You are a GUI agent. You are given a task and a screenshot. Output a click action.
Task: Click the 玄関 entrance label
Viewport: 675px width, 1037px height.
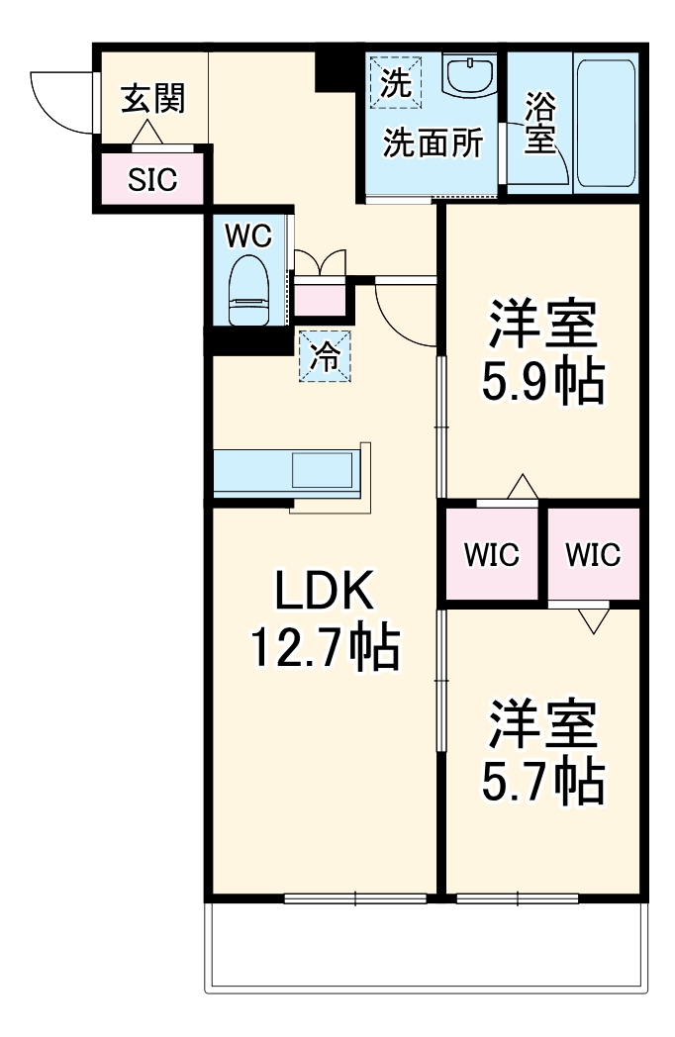coord(151,98)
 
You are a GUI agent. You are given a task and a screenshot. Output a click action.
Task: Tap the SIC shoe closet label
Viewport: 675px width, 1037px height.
coord(151,180)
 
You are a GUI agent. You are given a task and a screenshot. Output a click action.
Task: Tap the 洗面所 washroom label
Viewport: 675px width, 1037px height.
coord(434,144)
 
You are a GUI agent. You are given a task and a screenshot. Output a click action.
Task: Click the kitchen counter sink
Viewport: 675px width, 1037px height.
coord(322,469)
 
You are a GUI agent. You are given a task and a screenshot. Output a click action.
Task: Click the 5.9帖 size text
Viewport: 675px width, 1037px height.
coord(542,382)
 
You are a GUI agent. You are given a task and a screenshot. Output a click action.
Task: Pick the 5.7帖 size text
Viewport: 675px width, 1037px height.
coord(542,782)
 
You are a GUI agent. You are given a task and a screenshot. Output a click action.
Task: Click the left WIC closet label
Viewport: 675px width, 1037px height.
coord(492,555)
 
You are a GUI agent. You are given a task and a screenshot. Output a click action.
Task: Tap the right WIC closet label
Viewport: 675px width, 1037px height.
coord(593,555)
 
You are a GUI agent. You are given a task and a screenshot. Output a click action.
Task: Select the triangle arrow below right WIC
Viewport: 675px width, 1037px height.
coord(593,619)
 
